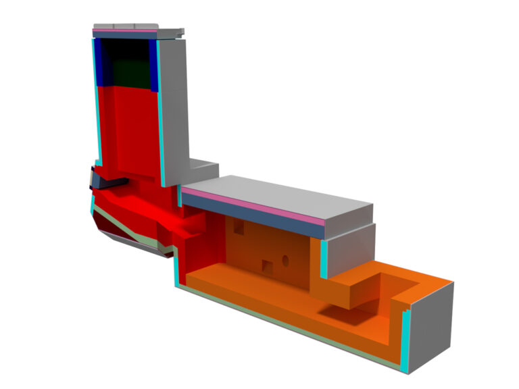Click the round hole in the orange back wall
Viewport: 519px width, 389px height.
(x=285, y=259)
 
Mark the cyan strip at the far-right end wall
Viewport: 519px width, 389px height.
(x=405, y=341)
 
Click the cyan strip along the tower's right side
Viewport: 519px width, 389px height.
(x=162, y=122)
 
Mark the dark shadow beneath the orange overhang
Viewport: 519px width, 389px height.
(x=345, y=312)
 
